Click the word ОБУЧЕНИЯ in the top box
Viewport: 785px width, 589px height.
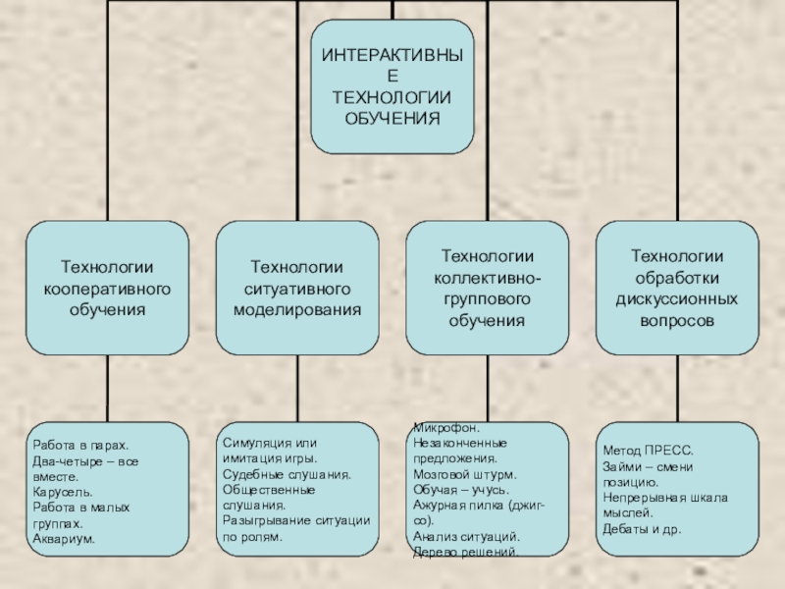click(x=392, y=118)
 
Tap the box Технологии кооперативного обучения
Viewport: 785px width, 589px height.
click(x=107, y=288)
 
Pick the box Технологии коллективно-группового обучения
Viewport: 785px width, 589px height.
click(x=487, y=288)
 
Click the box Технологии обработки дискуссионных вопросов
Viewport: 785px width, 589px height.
click(x=676, y=288)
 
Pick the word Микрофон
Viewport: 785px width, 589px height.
click(x=446, y=428)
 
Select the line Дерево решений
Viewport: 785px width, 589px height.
click(x=466, y=553)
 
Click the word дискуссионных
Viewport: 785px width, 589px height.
click(x=676, y=299)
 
